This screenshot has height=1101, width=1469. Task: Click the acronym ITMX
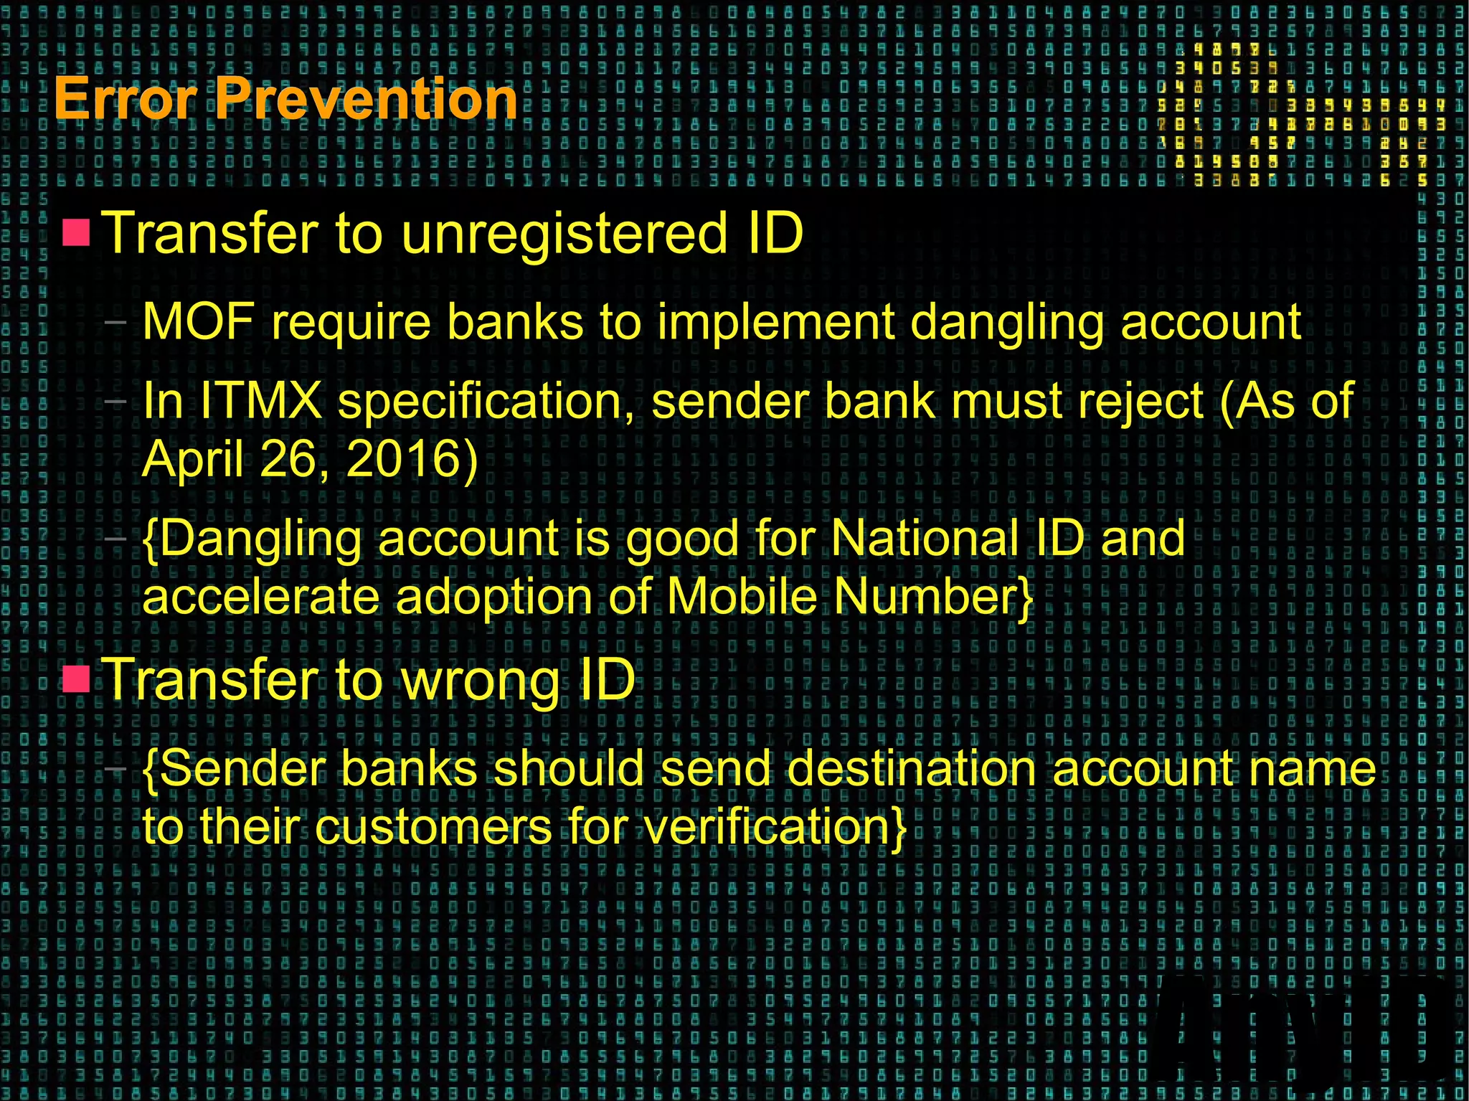tap(261, 400)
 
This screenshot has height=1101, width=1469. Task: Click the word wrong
tap(480, 680)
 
